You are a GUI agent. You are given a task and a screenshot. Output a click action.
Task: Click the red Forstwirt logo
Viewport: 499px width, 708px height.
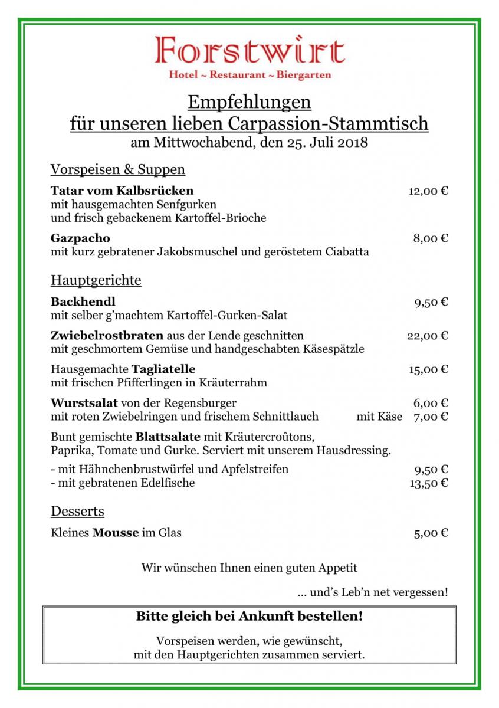pyautogui.click(x=249, y=51)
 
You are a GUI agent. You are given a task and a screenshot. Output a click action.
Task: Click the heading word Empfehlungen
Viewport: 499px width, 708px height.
pyautogui.click(x=249, y=103)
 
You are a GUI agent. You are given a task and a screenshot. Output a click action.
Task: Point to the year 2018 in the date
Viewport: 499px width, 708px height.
pyautogui.click(x=351, y=143)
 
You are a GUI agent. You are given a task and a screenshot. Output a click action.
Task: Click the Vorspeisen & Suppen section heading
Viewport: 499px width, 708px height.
pyautogui.click(x=118, y=170)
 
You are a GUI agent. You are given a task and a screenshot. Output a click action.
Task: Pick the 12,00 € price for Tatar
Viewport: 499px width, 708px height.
pyautogui.click(x=428, y=191)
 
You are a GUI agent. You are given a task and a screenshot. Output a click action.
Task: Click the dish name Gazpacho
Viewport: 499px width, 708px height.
pyautogui.click(x=80, y=238)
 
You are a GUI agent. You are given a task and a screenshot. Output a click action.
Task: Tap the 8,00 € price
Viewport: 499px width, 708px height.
pyautogui.click(x=431, y=238)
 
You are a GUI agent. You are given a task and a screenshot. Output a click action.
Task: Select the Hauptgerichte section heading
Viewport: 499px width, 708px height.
pyautogui.click(x=96, y=280)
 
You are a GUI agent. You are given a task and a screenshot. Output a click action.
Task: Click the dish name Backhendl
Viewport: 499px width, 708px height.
pyautogui.click(x=83, y=302)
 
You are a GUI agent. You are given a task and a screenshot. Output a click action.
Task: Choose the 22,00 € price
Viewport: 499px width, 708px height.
pyautogui.click(x=428, y=336)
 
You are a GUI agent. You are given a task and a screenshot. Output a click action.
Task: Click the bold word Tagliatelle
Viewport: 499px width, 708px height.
pyautogui.click(x=163, y=369)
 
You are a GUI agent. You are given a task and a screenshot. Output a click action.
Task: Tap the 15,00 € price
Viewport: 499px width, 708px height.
pyautogui.click(x=428, y=369)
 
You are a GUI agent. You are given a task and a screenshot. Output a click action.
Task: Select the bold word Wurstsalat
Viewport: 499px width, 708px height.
pyautogui.click(x=84, y=404)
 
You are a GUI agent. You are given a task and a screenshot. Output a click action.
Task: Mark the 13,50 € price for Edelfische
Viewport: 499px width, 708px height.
pyautogui.click(x=428, y=483)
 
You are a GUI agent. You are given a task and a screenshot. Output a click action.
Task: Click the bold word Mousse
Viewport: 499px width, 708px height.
pyautogui.click(x=116, y=533)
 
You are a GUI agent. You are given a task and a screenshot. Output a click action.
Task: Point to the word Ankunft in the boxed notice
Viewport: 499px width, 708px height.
pyautogui.click(x=267, y=617)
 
